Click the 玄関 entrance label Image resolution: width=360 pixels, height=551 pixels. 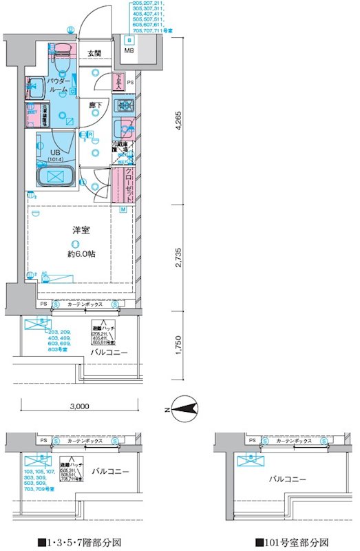tap(94, 53)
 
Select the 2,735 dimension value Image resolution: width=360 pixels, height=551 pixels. tap(178, 256)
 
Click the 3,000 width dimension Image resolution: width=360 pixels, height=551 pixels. tap(80, 406)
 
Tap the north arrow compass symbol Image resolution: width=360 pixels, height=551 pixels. tap(182, 412)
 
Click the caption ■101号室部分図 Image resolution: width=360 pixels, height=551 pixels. tap(291, 541)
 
